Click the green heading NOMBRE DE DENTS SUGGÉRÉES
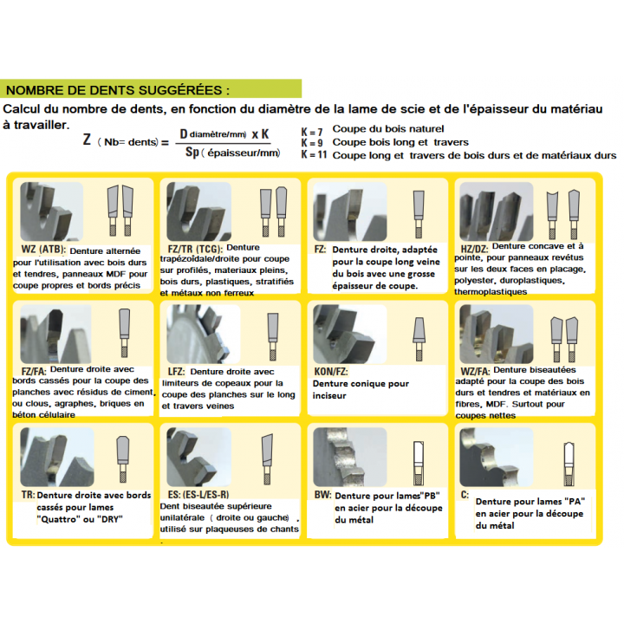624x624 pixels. coord(118,90)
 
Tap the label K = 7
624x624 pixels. coord(312,132)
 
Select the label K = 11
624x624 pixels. coord(314,154)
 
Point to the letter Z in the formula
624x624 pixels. coord(88,140)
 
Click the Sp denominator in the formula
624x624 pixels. coord(192,152)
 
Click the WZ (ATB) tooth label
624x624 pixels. coord(43,250)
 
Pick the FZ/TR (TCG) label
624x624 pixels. coord(195,249)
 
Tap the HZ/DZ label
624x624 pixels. coord(474,249)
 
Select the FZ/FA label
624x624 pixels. coord(34,371)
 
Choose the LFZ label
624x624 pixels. coord(176,372)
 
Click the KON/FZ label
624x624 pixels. coord(331,371)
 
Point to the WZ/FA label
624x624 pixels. coord(475,371)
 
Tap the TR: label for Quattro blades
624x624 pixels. coord(29,495)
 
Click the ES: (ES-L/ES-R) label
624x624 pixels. coord(198,495)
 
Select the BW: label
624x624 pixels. coord(322,495)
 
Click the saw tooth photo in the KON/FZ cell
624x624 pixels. coord(350,334)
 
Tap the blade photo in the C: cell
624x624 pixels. coord(497,457)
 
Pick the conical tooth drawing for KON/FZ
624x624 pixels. coord(419,339)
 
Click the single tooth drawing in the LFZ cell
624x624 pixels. coord(273,336)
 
